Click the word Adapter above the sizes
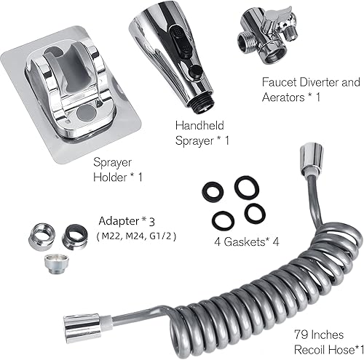tap(119, 219)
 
